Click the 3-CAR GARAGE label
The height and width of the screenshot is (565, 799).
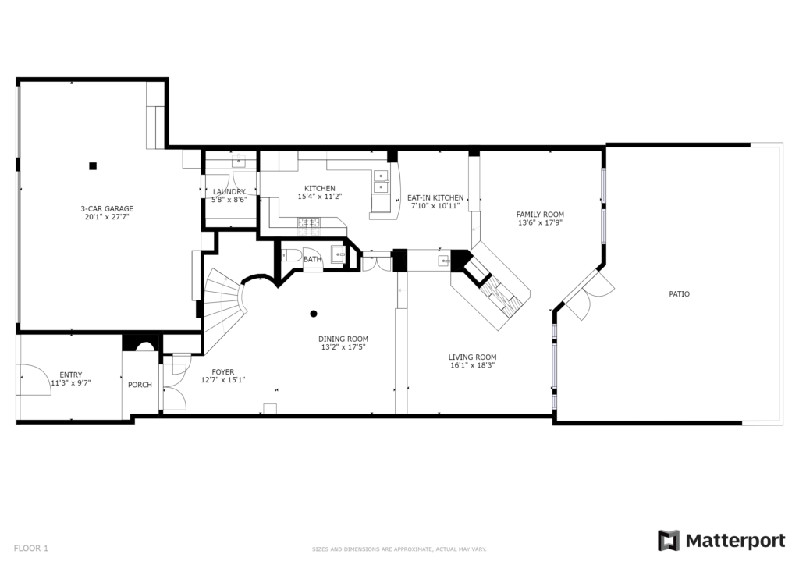click(107, 208)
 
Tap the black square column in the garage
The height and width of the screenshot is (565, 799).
click(93, 165)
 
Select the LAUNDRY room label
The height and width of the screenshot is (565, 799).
click(229, 191)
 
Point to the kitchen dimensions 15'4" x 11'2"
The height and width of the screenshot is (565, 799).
click(319, 196)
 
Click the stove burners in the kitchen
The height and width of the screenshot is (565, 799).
click(309, 222)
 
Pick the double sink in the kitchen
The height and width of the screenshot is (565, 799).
click(381, 182)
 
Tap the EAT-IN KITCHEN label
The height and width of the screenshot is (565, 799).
click(435, 197)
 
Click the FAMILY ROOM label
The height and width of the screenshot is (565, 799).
click(540, 215)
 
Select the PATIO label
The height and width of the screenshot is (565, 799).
click(680, 294)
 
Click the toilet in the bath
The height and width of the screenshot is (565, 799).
click(291, 254)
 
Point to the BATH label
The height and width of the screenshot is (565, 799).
click(312, 259)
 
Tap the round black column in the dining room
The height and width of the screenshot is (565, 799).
click(314, 314)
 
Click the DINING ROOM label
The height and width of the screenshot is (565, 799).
click(343, 339)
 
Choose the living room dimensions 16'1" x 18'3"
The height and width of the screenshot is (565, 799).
click(472, 365)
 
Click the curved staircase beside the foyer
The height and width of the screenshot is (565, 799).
click(224, 306)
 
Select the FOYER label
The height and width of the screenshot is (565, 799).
click(223, 372)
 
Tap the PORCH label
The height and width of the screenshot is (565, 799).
click(140, 385)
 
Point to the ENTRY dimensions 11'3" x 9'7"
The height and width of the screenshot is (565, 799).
click(71, 383)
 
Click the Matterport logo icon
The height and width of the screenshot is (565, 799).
click(668, 541)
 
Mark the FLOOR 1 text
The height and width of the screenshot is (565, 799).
click(30, 548)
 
